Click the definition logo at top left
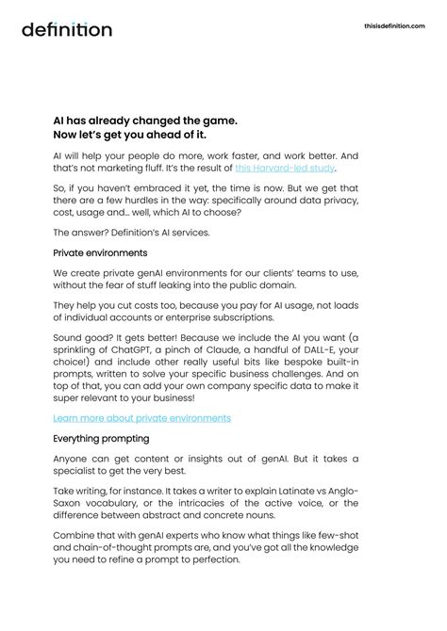(x=67, y=29)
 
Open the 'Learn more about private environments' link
(x=141, y=418)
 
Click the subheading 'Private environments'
(x=99, y=252)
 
